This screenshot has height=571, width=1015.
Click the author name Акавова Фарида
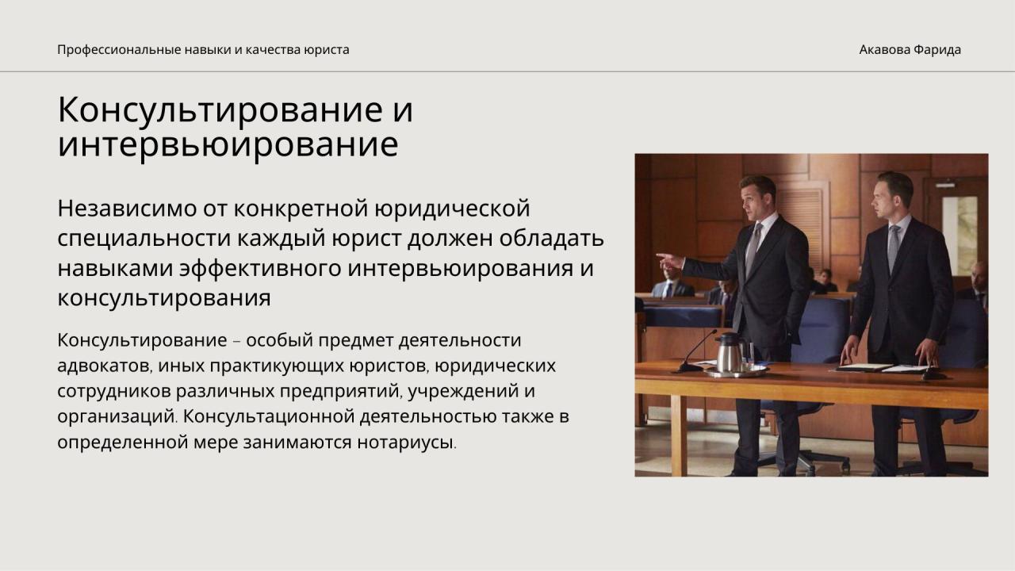click(x=910, y=49)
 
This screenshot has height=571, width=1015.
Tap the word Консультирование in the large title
click(x=220, y=109)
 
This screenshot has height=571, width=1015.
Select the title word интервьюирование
click(x=228, y=145)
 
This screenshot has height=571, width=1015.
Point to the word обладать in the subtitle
click(x=551, y=239)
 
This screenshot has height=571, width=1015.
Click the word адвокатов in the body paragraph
click(x=105, y=366)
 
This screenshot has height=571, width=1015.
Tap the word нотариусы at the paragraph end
click(x=407, y=442)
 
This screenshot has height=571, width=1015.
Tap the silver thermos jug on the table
click(x=730, y=354)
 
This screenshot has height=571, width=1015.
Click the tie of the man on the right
click(x=893, y=247)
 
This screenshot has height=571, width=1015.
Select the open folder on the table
click(x=881, y=368)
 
